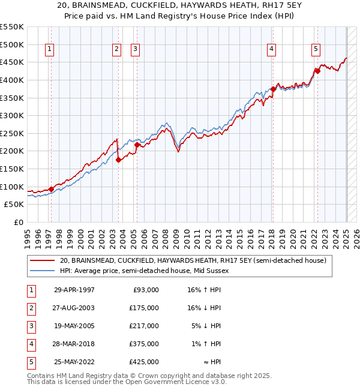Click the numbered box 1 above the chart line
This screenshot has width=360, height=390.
point(49,49)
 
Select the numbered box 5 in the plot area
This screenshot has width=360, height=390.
point(316,49)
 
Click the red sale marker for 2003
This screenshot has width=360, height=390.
point(118,160)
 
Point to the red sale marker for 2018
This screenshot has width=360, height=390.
point(273,89)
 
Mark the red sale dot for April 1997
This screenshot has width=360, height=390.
point(51,189)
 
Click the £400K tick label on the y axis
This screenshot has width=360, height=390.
point(11,80)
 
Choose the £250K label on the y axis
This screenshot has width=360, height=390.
point(11,133)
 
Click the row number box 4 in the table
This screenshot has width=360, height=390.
point(31,344)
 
